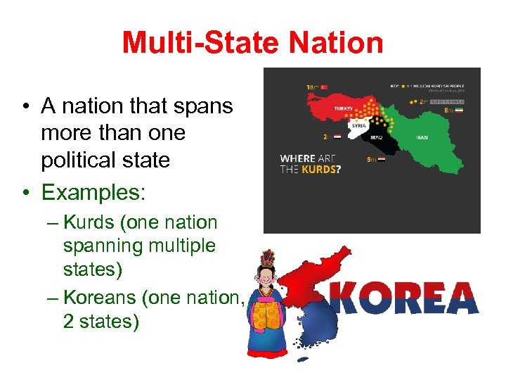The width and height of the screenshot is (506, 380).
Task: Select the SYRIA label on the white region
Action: click(x=358, y=125)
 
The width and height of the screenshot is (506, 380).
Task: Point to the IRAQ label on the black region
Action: click(x=376, y=137)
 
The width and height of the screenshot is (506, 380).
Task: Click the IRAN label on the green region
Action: click(x=422, y=138)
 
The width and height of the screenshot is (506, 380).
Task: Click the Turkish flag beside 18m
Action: click(x=324, y=87)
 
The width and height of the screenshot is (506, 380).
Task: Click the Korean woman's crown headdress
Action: click(x=267, y=258)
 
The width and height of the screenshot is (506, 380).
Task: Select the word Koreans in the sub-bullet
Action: click(x=100, y=298)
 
